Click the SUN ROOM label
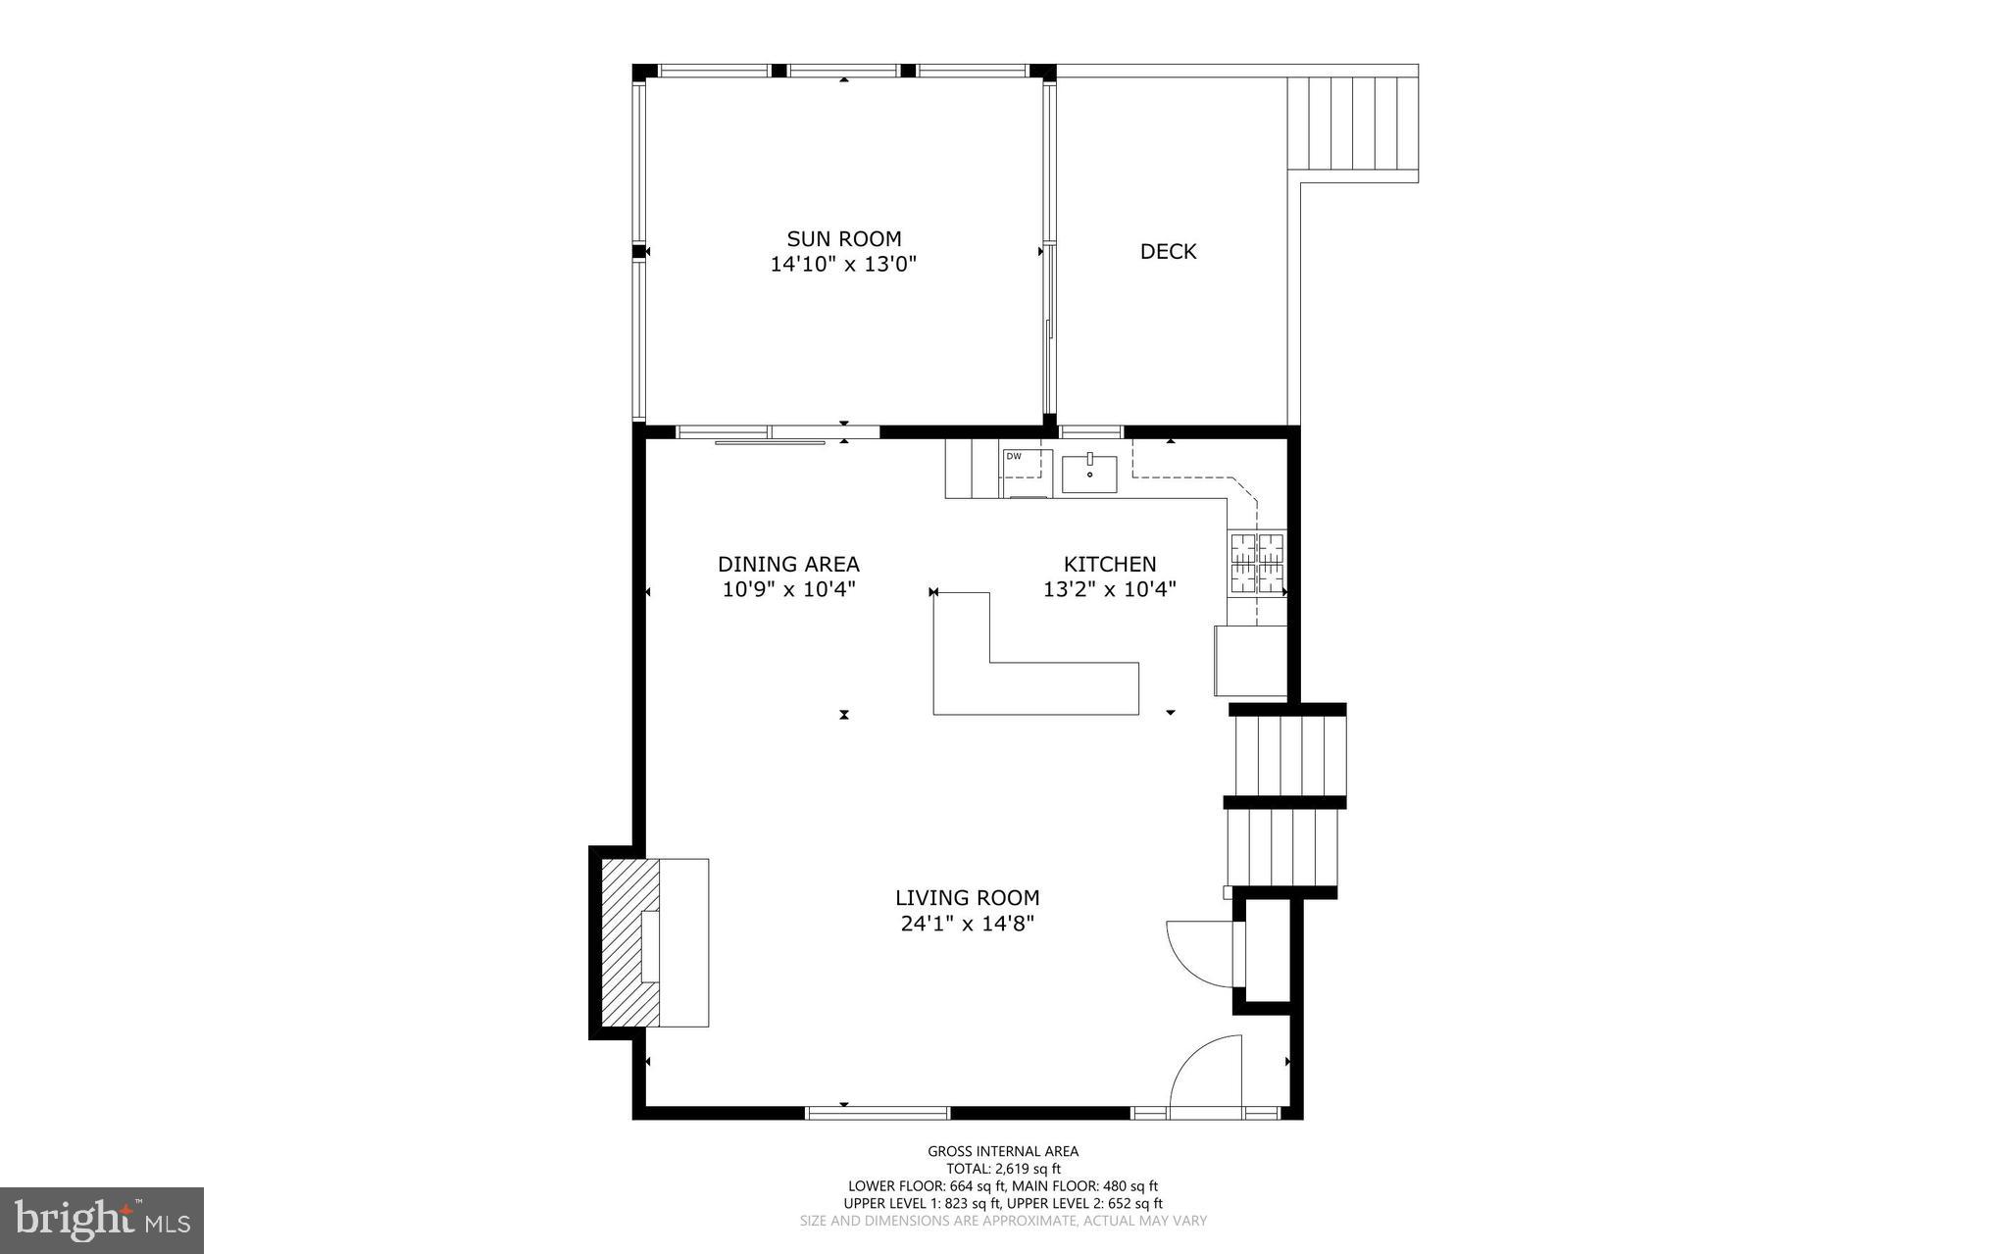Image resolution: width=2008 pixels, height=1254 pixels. point(843,238)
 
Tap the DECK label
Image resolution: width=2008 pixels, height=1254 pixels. point(1168,251)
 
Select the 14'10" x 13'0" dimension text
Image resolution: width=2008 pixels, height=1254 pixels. point(843,264)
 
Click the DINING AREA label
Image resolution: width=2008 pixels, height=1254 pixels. point(788,564)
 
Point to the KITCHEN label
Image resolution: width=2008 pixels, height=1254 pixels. point(1110,564)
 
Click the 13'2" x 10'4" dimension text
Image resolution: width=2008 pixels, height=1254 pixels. point(1110,589)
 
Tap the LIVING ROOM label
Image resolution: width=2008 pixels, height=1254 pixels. point(967,897)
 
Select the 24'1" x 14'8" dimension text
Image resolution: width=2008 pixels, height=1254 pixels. point(967,923)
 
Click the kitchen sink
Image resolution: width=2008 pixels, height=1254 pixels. point(1089,474)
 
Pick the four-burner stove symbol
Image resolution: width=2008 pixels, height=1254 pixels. point(1257,563)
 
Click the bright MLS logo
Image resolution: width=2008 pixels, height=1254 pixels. point(102,1220)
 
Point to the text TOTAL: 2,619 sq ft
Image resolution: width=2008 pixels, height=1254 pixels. point(1003,1169)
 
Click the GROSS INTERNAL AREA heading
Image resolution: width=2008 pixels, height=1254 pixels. point(1003,1151)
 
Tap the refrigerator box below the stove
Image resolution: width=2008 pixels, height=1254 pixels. point(1250,660)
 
